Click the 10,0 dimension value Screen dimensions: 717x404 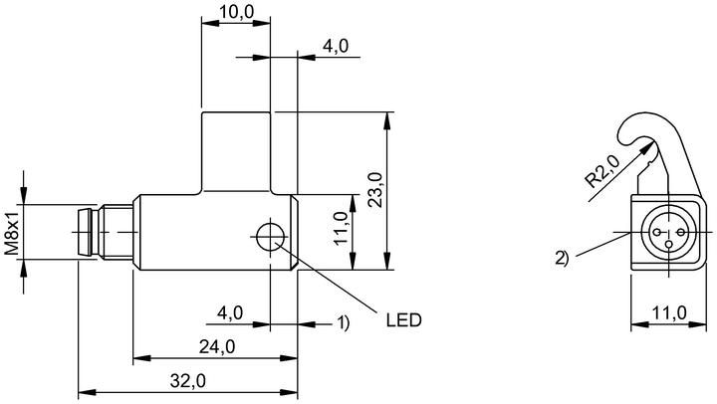click(x=236, y=11)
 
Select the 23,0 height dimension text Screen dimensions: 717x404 click(x=375, y=190)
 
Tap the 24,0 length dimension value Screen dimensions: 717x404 click(x=217, y=347)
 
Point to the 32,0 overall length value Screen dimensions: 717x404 click(x=188, y=380)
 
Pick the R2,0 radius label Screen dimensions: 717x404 click(x=603, y=171)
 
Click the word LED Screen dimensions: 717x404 click(x=403, y=319)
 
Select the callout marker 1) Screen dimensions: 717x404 click(x=343, y=322)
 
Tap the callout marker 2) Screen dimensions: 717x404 click(x=562, y=258)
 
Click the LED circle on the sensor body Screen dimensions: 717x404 click(x=270, y=237)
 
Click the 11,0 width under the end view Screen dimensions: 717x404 click(x=669, y=313)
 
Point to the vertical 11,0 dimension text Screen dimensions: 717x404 click(x=342, y=228)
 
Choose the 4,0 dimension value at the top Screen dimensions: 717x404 click(x=336, y=46)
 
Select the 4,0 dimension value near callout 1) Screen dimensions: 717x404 click(x=230, y=313)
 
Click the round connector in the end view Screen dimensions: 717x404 click(x=668, y=232)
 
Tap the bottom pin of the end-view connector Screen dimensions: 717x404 click(x=668, y=245)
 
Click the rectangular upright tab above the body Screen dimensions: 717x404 click(x=236, y=152)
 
